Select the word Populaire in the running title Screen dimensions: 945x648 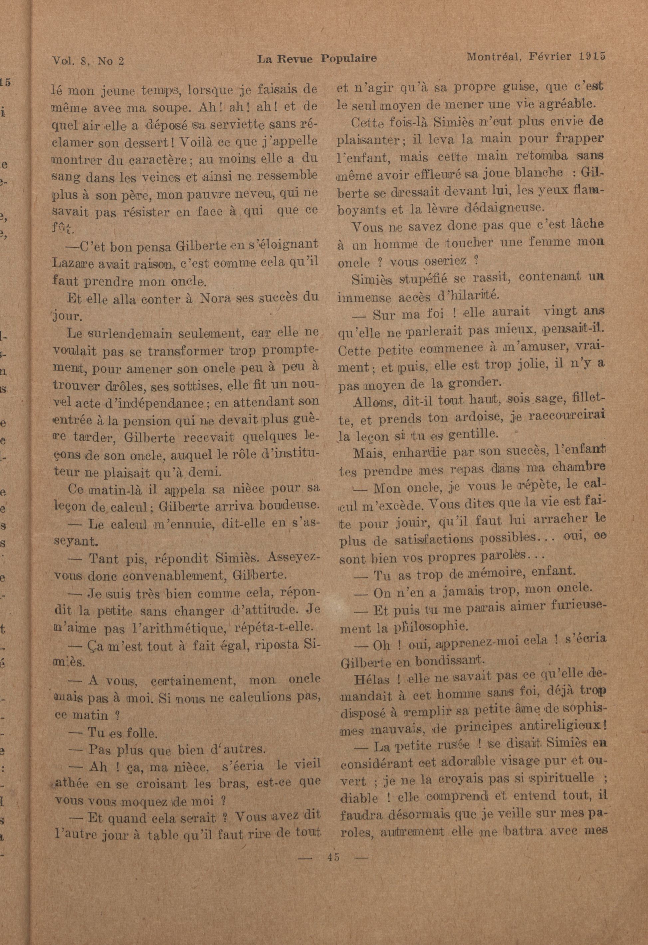[x=348, y=59]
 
